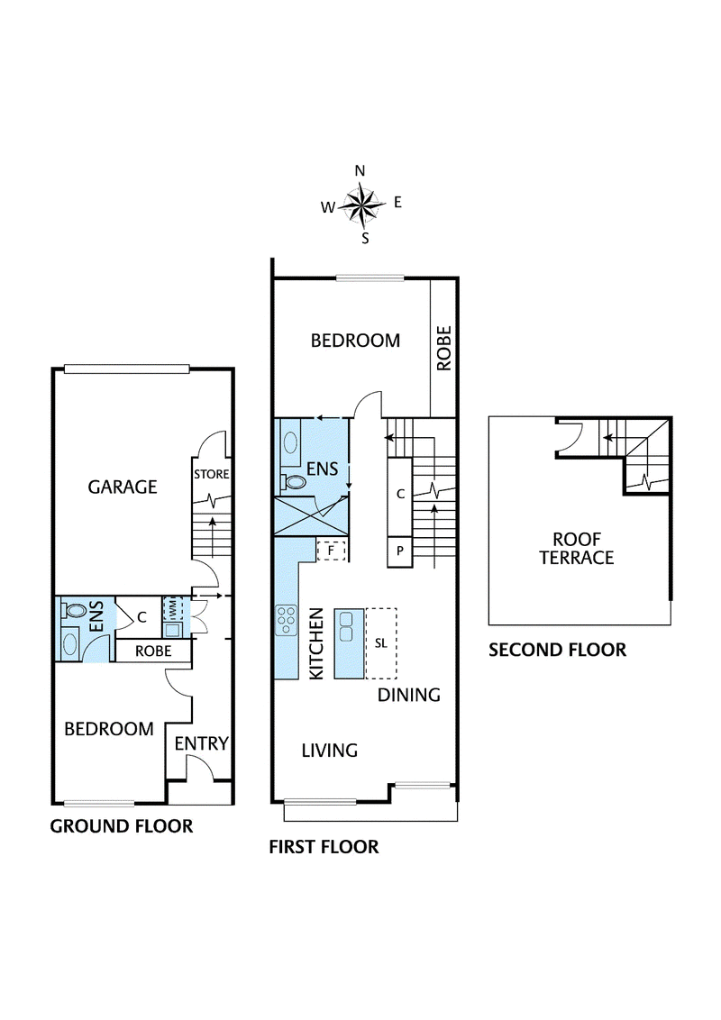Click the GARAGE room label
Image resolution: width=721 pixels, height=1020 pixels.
tap(123, 487)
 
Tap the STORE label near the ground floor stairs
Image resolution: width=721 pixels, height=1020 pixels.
tap(212, 474)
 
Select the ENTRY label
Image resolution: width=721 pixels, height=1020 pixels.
tap(202, 742)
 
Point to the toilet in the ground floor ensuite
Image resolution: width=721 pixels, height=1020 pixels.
tap(74, 611)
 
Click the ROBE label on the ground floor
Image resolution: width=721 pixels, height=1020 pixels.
tap(153, 651)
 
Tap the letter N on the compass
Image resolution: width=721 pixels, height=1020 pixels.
tap(360, 171)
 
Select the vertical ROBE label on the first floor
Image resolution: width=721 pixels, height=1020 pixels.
tap(443, 349)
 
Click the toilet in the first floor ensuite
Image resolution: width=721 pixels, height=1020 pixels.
tap(294, 482)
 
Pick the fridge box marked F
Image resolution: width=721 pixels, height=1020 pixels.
tap(331, 551)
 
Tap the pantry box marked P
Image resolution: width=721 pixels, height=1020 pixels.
tap(399, 551)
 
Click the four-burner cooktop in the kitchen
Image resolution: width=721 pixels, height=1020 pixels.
tap(286, 620)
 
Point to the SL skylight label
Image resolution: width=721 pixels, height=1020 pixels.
tap(381, 643)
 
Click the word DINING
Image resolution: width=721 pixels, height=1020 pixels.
tap(408, 695)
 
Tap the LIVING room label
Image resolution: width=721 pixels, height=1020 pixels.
tap(329, 751)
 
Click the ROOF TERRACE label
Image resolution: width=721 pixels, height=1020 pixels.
tap(577, 549)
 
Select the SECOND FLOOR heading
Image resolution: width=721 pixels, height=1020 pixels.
tap(558, 650)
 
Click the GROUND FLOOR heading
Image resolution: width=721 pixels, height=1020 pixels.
tap(122, 826)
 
